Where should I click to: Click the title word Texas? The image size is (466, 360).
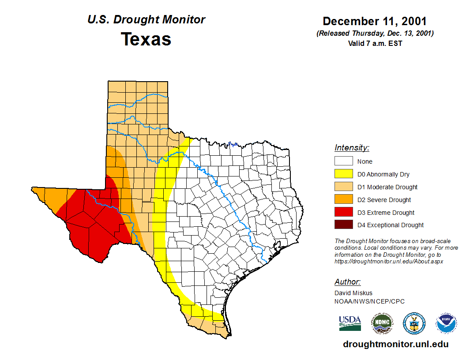(146, 39)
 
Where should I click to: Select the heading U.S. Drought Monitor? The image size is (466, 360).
(146, 20)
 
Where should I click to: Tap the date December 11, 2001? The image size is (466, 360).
(375, 21)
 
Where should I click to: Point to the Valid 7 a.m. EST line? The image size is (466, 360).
(375, 43)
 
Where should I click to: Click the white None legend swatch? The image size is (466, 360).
(343, 161)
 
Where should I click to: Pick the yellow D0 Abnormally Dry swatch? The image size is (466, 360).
(343, 174)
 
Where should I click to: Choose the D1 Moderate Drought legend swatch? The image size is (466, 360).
(343, 187)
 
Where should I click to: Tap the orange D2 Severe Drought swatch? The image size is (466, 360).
(343, 200)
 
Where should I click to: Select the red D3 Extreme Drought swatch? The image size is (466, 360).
(343, 212)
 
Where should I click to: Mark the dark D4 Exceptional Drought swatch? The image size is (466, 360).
(343, 225)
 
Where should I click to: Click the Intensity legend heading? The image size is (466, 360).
(352, 148)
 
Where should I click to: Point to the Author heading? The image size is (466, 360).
(347, 282)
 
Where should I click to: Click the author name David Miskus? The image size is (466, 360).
(353, 293)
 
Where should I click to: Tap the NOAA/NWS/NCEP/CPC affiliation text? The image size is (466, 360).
(369, 301)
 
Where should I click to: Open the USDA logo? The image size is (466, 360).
(350, 323)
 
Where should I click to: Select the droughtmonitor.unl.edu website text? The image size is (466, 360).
(395, 345)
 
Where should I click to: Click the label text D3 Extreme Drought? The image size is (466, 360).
(386, 213)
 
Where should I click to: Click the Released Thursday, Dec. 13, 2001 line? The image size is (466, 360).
(375, 34)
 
